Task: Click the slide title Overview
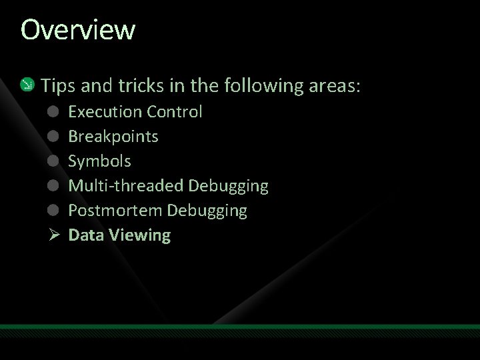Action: [78, 30]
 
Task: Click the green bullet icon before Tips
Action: [27, 85]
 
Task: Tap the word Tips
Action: [58, 85]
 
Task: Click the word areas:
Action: [336, 85]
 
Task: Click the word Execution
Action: [105, 111]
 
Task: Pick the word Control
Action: [175, 111]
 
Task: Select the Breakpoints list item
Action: [113, 136]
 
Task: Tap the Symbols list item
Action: [100, 161]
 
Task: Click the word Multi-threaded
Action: [127, 185]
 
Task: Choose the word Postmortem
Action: [115, 211]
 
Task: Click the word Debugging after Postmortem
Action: [207, 211]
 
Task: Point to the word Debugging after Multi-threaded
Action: [228, 185]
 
